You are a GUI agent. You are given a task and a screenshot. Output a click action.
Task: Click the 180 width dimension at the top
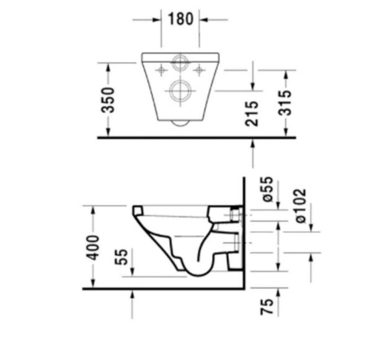[180, 19]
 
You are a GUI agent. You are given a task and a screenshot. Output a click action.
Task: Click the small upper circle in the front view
[180, 63]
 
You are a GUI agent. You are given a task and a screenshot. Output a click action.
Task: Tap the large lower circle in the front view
[180, 91]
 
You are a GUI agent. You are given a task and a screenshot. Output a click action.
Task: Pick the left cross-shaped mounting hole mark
[161, 70]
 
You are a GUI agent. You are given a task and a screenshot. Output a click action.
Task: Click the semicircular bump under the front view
[180, 122]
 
